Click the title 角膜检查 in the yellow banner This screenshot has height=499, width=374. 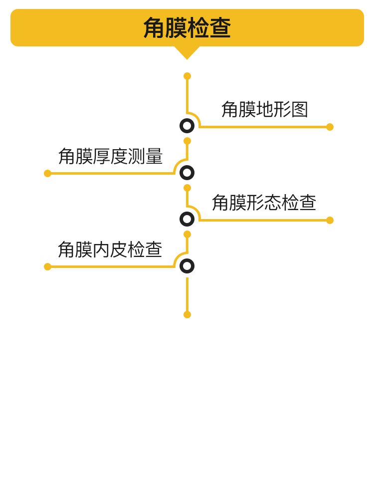[187, 27]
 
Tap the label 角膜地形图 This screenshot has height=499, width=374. [265, 109]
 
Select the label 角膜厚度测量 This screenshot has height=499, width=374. [110, 156]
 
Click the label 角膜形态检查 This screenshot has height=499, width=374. [264, 203]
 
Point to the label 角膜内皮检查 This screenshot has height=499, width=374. [110, 249]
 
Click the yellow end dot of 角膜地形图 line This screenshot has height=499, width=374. [330, 127]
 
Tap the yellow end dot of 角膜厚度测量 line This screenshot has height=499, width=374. [48, 174]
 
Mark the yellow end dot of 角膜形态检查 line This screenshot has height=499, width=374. [330, 220]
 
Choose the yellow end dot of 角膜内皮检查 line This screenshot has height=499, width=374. [48, 266]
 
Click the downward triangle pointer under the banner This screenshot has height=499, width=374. [187, 51]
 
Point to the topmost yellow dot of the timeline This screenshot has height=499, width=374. [187, 76]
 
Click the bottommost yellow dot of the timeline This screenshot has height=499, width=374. [187, 315]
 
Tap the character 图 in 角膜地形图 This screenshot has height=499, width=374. [300, 109]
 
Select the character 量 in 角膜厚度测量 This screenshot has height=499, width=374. [154, 156]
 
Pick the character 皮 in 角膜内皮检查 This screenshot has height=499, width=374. [119, 249]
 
